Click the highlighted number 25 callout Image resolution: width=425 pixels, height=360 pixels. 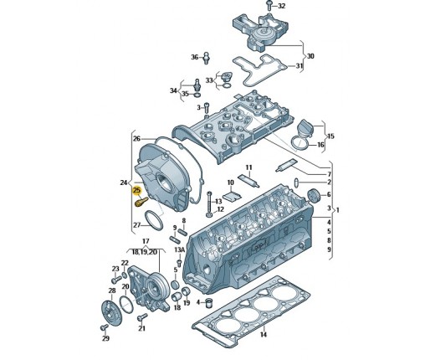[137, 191]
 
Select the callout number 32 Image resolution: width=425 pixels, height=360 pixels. [282, 6]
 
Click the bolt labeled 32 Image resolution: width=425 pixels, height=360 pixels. [269, 5]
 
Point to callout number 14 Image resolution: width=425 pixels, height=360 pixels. [264, 334]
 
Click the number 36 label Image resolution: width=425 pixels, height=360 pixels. [195, 57]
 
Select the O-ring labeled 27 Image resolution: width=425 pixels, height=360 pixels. [154, 221]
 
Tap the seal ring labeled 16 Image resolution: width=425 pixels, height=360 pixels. [300, 142]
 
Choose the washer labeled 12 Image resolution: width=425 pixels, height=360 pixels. [209, 215]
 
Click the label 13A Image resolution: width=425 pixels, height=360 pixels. [179, 249]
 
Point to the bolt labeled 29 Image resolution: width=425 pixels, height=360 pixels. [104, 327]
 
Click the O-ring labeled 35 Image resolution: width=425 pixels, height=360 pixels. [197, 95]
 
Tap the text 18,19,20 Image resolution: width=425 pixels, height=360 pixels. [145, 252]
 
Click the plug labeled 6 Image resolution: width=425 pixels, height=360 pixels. [313, 195]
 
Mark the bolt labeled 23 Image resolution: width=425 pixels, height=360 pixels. [116, 279]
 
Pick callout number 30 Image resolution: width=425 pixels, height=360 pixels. [310, 56]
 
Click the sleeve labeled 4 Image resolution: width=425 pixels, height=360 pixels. [208, 303]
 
